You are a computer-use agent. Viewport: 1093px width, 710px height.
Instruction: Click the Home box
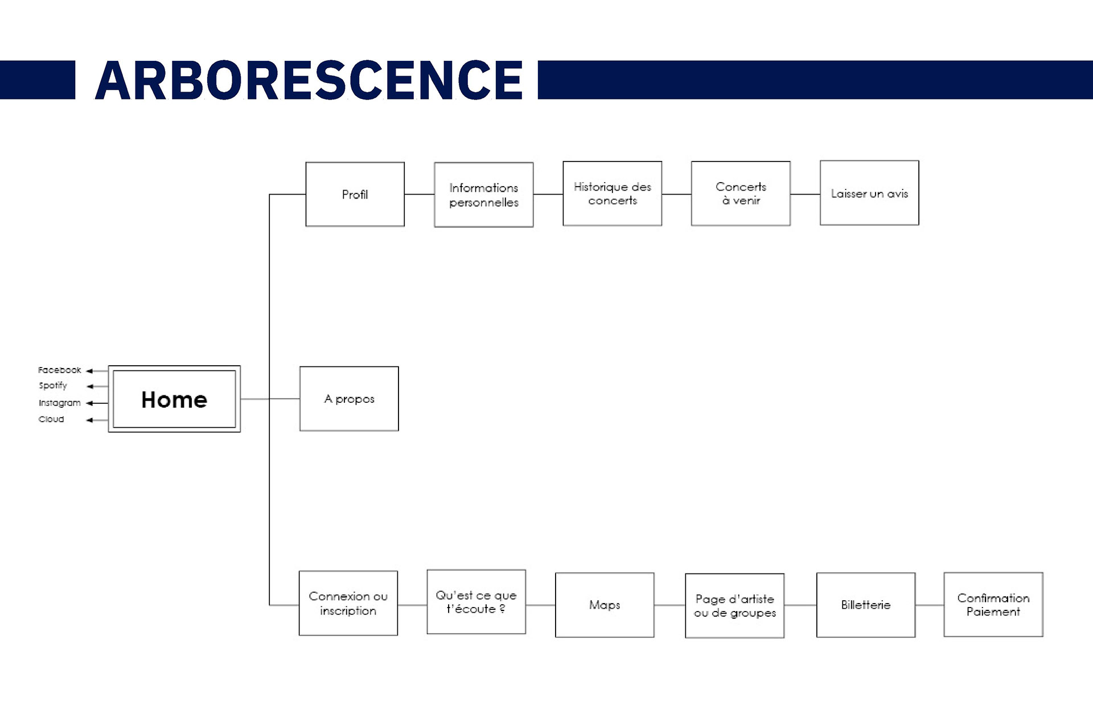tap(174, 399)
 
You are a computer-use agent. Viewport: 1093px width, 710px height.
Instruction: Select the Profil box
tap(355, 194)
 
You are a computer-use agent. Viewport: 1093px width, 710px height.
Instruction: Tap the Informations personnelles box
tap(483, 195)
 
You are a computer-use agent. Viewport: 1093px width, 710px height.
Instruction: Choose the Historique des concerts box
tap(612, 193)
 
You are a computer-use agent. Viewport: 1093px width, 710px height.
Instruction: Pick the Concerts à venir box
tap(741, 193)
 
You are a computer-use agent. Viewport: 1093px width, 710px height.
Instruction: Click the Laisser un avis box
tap(869, 193)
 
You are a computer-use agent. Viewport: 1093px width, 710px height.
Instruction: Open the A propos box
tap(349, 399)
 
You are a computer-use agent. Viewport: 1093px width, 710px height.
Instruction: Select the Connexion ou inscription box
tap(348, 603)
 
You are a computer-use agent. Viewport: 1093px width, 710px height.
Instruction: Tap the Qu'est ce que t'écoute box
tap(476, 602)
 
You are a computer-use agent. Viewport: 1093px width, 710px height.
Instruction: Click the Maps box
tap(605, 605)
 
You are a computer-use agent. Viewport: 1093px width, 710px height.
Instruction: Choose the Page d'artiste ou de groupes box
tap(734, 606)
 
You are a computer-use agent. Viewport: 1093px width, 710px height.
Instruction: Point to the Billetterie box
tap(865, 605)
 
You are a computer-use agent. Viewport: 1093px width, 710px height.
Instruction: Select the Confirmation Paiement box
tap(993, 605)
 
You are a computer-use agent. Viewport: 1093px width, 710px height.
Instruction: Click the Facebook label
tap(59, 370)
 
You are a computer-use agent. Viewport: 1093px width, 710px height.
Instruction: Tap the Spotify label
tap(53, 386)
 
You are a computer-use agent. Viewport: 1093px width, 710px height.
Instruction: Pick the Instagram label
tap(59, 403)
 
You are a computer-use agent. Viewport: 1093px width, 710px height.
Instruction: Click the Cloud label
tap(51, 419)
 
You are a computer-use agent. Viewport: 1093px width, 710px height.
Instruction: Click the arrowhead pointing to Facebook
tap(89, 371)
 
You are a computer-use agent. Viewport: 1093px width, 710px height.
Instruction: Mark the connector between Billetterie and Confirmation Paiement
tap(929, 605)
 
